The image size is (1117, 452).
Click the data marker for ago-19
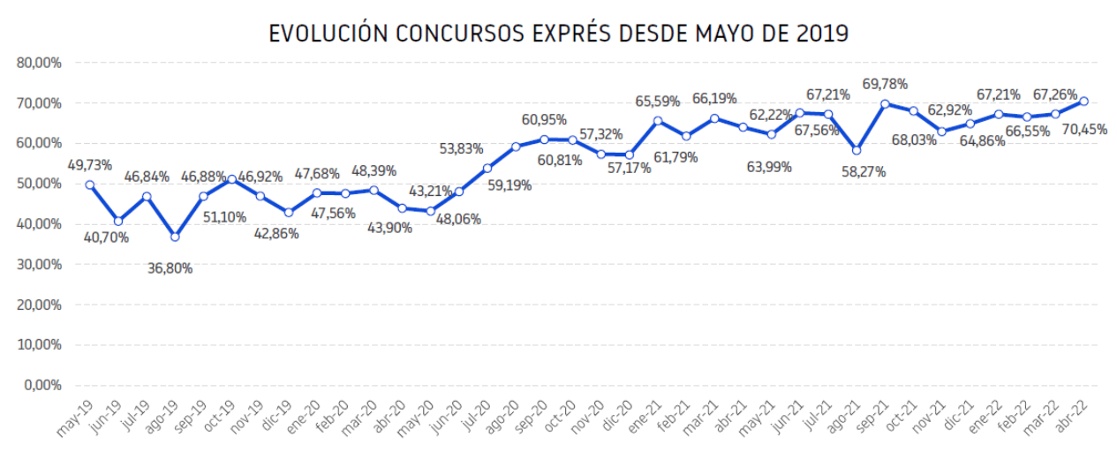tap(175, 237)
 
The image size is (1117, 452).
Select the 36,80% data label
tap(170, 268)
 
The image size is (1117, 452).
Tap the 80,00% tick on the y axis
tap(38, 63)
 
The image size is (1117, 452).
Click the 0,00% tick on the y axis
tap(42, 386)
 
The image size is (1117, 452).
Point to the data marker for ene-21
tap(658, 121)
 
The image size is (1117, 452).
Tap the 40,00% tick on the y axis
tap(38, 224)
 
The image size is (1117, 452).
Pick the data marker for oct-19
tap(231, 179)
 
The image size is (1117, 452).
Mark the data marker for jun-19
tap(118, 221)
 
